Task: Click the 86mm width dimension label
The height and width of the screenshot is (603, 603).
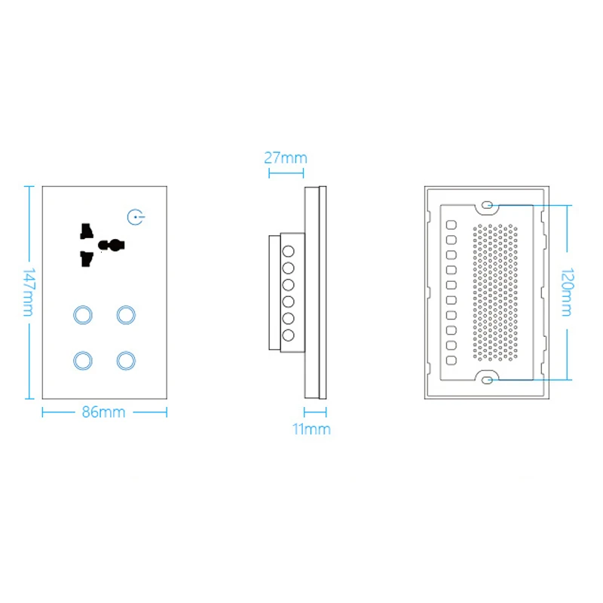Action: tap(104, 412)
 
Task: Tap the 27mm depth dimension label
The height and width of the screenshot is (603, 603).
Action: tap(285, 158)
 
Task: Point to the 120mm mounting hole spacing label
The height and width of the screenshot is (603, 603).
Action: tap(567, 292)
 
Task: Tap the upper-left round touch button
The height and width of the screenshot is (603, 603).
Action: tap(81, 314)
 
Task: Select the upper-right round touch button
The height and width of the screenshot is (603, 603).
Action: tap(125, 314)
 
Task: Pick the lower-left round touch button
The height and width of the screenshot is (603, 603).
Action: tap(81, 360)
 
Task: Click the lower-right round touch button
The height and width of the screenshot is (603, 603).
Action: tap(125, 360)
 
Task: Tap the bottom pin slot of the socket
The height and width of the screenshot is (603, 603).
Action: tap(86, 259)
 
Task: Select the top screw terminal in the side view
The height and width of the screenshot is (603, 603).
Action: tap(288, 250)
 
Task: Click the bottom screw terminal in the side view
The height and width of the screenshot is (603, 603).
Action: tap(288, 334)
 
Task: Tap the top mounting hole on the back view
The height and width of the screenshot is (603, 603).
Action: tap(487, 204)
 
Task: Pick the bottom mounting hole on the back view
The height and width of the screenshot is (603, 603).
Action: tap(487, 379)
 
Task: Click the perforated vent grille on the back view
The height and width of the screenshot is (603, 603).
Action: tap(496, 291)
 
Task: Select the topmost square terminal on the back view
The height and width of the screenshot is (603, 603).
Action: tap(450, 224)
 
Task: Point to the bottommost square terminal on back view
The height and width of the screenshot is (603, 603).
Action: tap(450, 359)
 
